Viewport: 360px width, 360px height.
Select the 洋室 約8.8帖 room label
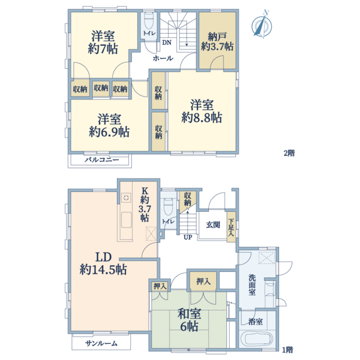202,110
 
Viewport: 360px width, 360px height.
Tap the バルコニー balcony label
101,160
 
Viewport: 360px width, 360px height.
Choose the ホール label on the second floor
163,59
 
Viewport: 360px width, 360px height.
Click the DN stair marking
168,42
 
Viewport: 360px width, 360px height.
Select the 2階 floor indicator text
289,153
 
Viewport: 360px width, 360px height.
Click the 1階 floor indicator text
289,349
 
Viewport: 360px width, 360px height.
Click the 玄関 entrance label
213,225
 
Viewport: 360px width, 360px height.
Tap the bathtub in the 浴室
257,340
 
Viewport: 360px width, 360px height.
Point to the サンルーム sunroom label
101,343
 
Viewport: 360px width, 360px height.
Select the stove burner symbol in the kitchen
127,197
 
